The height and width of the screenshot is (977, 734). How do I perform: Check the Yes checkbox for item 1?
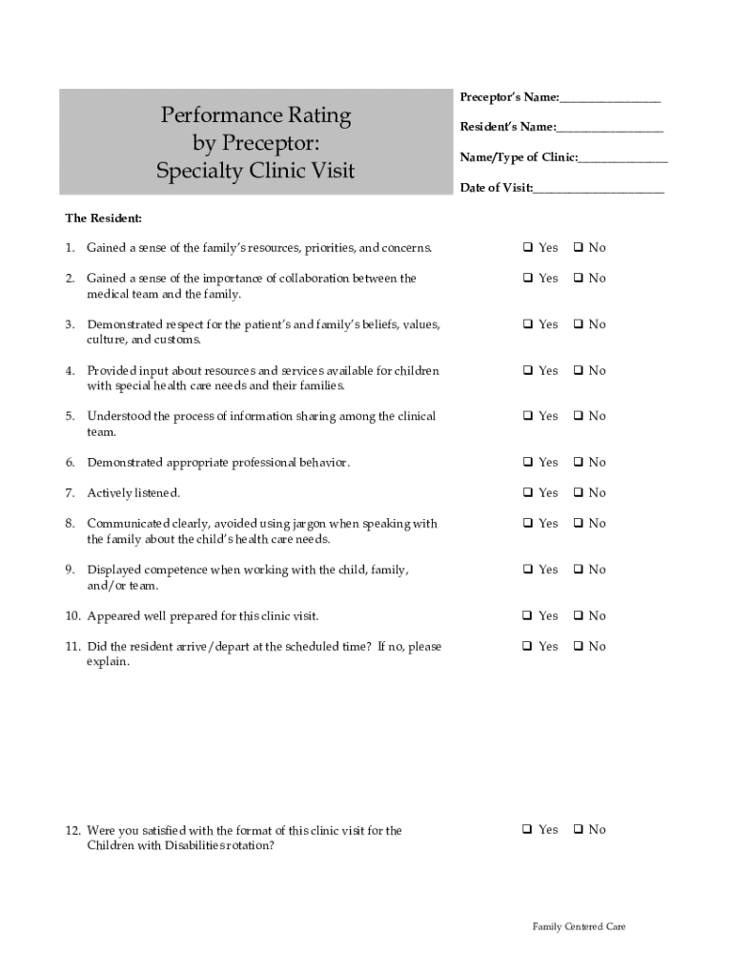pos(526,248)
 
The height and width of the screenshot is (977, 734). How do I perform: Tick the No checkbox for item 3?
pos(578,325)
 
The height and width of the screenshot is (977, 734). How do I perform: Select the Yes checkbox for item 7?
pos(526,493)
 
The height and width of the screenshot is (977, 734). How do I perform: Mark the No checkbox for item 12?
pos(578,830)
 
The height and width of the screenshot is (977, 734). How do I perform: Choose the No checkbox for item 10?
pos(578,616)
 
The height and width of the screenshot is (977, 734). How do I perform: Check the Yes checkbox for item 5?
pos(526,417)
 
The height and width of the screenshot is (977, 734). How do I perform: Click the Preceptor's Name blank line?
pos(610,99)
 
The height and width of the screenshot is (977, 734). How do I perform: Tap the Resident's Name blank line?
pos(610,129)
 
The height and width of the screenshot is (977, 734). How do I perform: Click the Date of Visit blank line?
pos(599,189)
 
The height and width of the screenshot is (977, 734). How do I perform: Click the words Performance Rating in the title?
pos(255,116)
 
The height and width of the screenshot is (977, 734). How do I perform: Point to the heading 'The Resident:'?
pos(104,218)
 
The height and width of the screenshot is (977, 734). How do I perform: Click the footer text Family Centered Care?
pos(579,926)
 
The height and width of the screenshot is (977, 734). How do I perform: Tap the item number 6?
pos(71,463)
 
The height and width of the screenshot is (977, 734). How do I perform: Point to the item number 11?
pos(73,647)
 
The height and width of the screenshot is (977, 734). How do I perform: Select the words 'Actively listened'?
pos(133,493)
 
